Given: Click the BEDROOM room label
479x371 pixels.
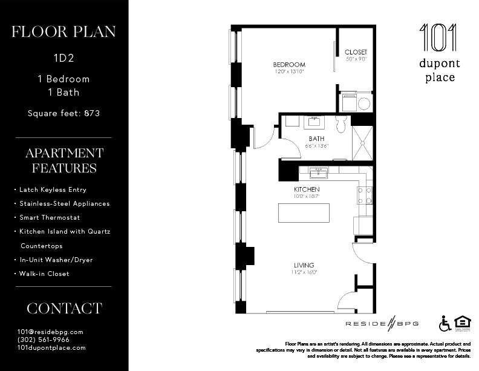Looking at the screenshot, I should coord(288,65).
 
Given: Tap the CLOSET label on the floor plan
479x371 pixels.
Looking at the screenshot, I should coord(356,53).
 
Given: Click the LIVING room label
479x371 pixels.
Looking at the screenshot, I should coord(304,265).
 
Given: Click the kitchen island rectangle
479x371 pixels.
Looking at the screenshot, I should coord(304,214).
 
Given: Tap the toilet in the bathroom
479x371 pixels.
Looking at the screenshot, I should coord(341,125).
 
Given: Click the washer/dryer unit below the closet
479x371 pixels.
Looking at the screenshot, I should coord(356,102).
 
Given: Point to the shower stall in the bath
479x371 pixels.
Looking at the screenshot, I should coord(362,143).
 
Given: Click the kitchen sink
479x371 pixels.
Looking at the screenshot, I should coord(319,174).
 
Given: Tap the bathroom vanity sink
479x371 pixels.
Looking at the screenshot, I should coord(314,122).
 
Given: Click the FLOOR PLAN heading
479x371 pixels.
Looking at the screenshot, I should coord(64,31).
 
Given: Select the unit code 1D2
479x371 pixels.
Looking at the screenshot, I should coord(64,59).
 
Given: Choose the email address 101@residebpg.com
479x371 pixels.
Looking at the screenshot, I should coord(50,332).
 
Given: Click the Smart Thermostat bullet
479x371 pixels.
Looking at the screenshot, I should coord(50,217).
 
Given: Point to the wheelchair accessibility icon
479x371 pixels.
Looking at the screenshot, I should coord(445,324).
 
